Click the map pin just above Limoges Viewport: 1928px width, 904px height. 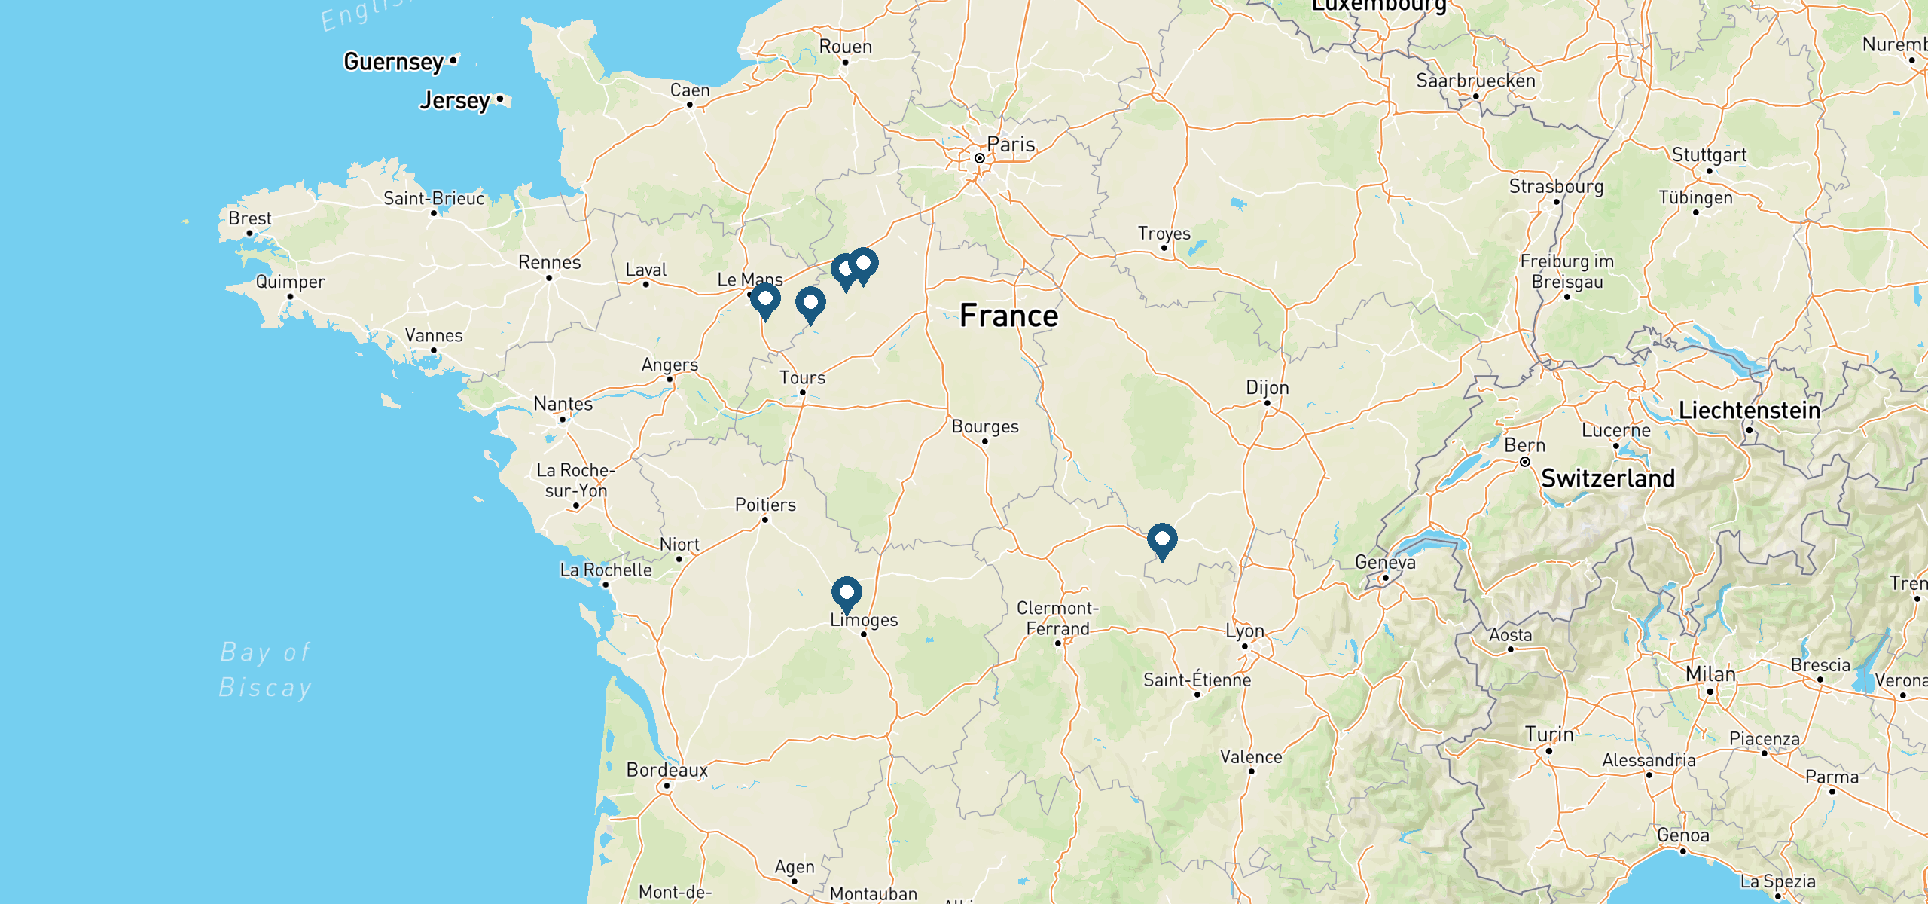(x=847, y=593)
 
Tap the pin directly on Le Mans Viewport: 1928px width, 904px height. (x=765, y=299)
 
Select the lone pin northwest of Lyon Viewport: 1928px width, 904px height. (x=1162, y=539)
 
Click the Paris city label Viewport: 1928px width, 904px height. (x=1011, y=144)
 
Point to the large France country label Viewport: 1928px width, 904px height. (x=1008, y=316)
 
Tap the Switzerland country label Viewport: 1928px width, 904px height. (x=1608, y=478)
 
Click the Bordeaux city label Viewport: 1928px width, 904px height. (x=667, y=770)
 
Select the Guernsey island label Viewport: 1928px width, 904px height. (x=393, y=61)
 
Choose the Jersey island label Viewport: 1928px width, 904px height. (x=455, y=100)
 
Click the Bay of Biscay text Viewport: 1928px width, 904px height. (x=265, y=670)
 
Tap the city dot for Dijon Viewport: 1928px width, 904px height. (x=1268, y=403)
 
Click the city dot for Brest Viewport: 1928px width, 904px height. (x=250, y=233)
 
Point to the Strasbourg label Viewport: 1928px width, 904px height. (x=1556, y=186)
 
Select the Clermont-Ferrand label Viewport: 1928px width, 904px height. (x=1057, y=618)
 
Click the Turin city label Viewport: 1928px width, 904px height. (x=1549, y=734)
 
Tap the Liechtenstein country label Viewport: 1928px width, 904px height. (x=1750, y=411)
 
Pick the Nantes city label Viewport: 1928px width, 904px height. (x=563, y=404)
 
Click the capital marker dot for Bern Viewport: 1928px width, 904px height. (x=1525, y=462)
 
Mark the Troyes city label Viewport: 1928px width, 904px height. (x=1164, y=234)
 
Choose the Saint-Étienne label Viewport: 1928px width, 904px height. (x=1197, y=680)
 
